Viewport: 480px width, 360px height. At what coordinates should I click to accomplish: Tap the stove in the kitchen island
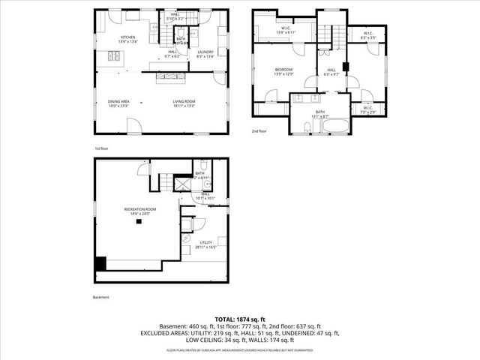[115, 55]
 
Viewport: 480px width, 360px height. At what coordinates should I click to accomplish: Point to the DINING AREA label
[119, 103]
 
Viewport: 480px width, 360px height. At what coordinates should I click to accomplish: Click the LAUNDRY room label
[205, 53]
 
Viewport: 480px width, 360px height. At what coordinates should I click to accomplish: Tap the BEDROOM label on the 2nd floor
[283, 71]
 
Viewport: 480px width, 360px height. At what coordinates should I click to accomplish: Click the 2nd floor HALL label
[331, 71]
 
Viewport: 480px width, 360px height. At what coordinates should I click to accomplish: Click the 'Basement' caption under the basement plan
[101, 298]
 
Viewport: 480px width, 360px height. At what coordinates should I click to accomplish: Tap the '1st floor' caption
[102, 148]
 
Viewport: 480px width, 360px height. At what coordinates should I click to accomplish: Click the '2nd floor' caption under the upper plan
[259, 130]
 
